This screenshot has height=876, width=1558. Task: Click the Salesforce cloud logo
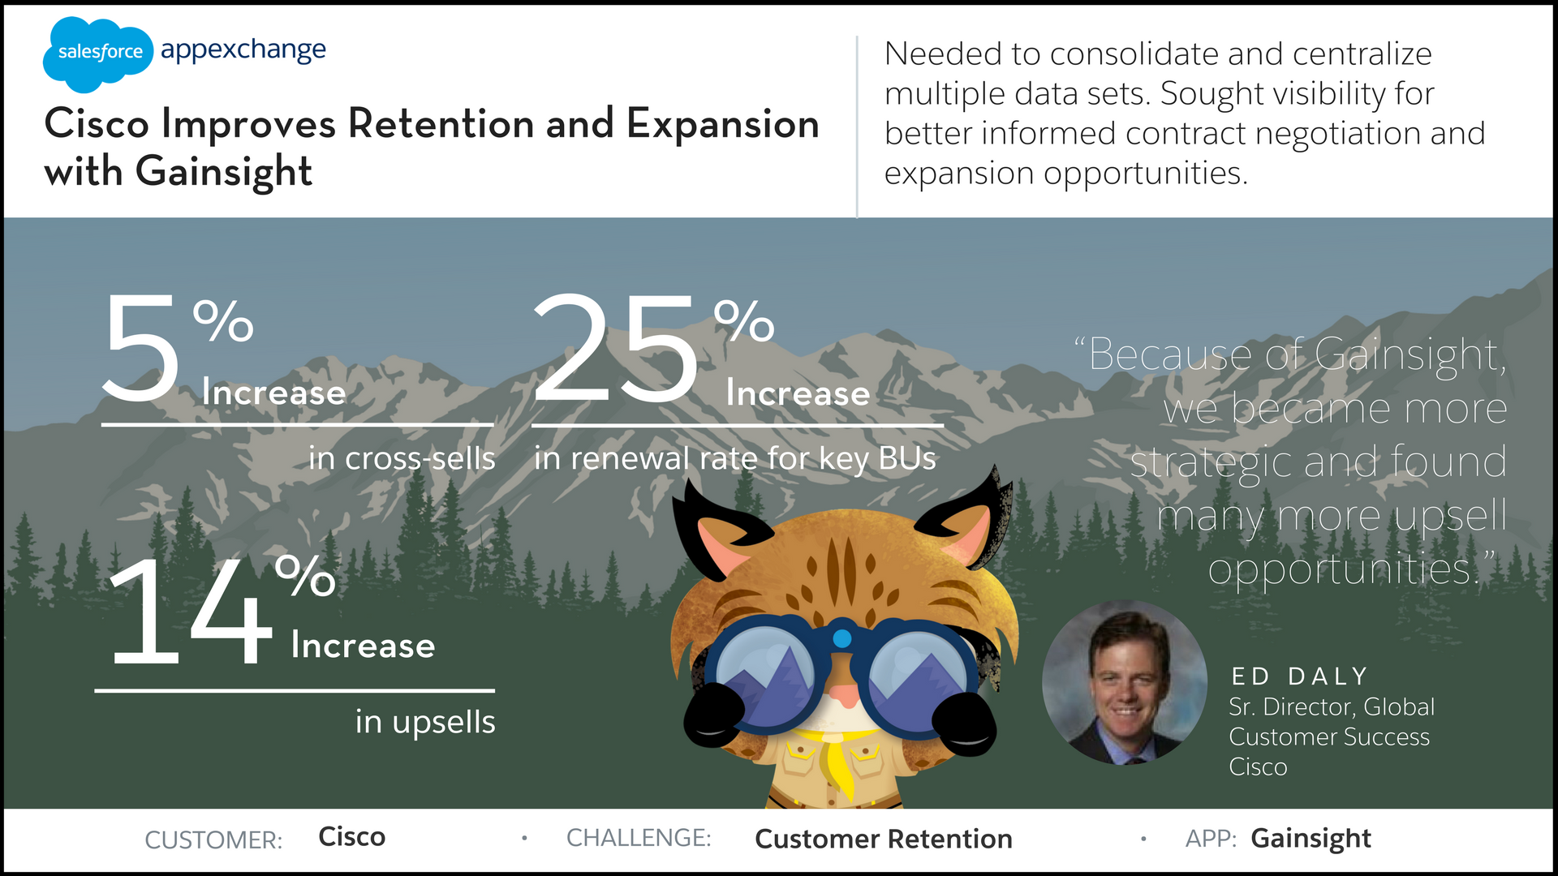(97, 54)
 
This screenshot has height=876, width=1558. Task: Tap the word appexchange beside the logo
(243, 51)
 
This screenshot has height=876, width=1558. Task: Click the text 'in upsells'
(425, 722)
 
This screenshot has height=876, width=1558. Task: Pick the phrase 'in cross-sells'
(402, 458)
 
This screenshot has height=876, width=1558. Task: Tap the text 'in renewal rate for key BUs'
(735, 459)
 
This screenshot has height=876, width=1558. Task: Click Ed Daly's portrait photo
(1125, 682)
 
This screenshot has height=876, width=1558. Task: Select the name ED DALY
(1299, 676)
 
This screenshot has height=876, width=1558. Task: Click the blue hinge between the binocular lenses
(842, 638)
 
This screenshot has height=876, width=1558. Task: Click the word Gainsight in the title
(224, 173)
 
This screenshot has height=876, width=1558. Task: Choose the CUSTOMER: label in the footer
(213, 839)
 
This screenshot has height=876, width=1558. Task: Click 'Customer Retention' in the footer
(884, 839)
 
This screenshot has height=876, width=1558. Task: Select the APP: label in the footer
(1211, 838)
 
